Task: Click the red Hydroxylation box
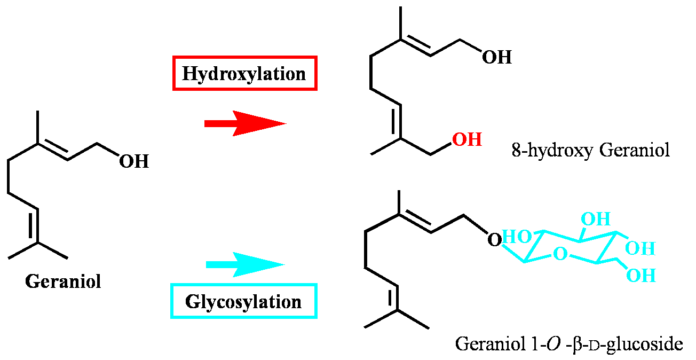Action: [x=244, y=73]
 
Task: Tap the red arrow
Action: [x=245, y=123]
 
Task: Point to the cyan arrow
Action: [x=245, y=265]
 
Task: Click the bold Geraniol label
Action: [x=63, y=281]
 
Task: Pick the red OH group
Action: [x=467, y=140]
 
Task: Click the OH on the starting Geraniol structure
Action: [x=133, y=161]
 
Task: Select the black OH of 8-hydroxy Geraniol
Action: [x=496, y=57]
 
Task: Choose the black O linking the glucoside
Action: [x=495, y=240]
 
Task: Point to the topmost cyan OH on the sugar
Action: [x=596, y=219]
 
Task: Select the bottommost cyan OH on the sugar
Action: [x=641, y=276]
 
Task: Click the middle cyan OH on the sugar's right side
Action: [x=640, y=248]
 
